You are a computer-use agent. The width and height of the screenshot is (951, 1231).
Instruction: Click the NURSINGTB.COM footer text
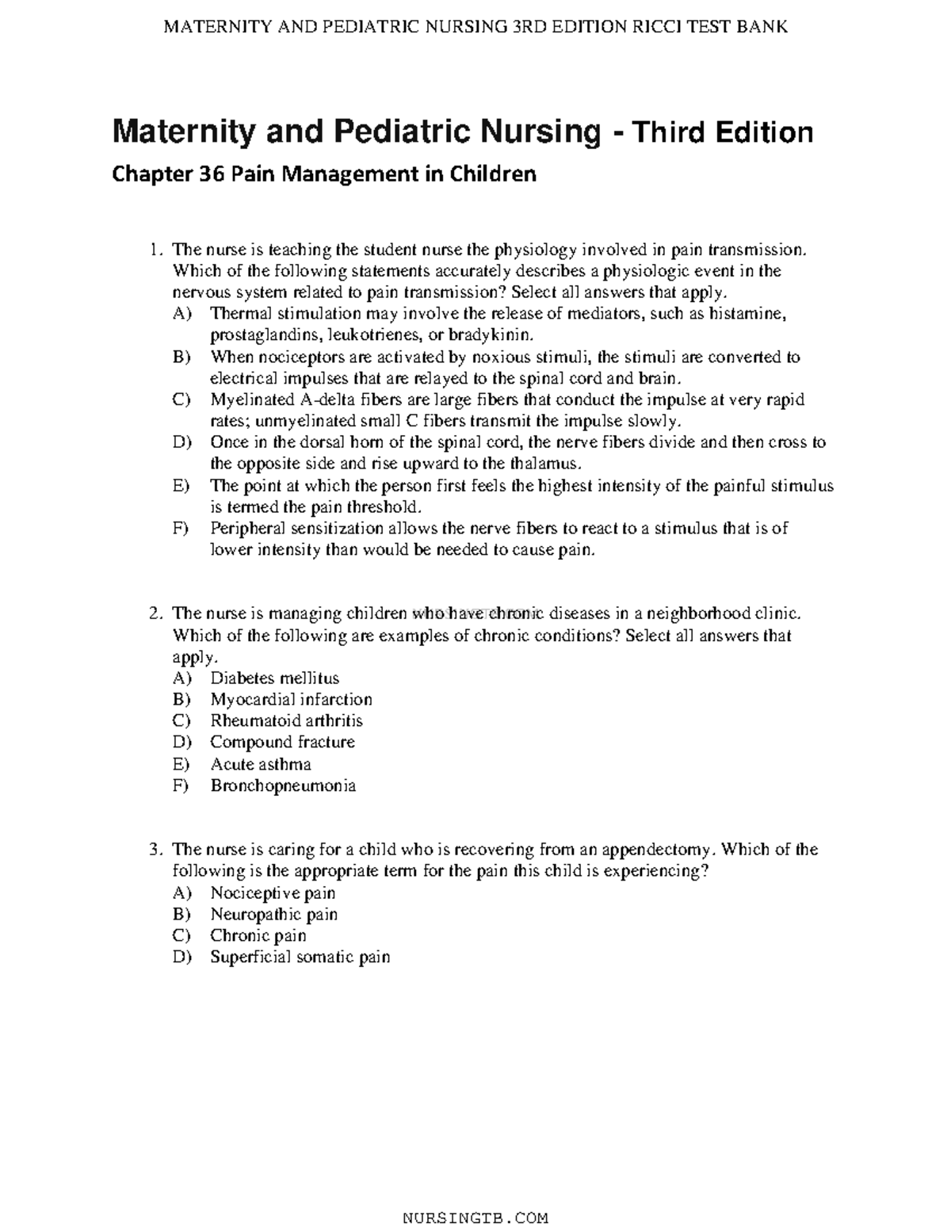coord(475,1217)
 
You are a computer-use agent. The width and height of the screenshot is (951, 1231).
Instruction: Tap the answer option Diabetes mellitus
coord(274,678)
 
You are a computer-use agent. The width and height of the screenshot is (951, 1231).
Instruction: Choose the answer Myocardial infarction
coord(291,699)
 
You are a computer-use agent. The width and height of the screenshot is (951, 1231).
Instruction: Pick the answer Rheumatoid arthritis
coord(286,721)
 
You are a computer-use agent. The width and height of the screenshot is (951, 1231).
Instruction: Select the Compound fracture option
coord(282,742)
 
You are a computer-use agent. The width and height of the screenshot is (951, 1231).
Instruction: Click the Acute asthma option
coord(261,764)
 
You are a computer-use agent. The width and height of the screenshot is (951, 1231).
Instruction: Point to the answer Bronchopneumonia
coord(283,786)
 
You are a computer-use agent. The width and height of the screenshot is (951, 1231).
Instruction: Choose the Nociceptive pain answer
coord(273,893)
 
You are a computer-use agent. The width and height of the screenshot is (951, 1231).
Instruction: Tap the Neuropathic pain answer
coord(273,914)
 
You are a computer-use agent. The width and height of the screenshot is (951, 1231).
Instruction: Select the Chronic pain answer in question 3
coord(258,935)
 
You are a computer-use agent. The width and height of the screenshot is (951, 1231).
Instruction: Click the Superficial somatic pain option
coord(300,957)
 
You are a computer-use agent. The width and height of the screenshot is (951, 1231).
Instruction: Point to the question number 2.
coord(155,614)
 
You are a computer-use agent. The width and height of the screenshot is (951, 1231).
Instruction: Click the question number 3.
coord(155,850)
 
